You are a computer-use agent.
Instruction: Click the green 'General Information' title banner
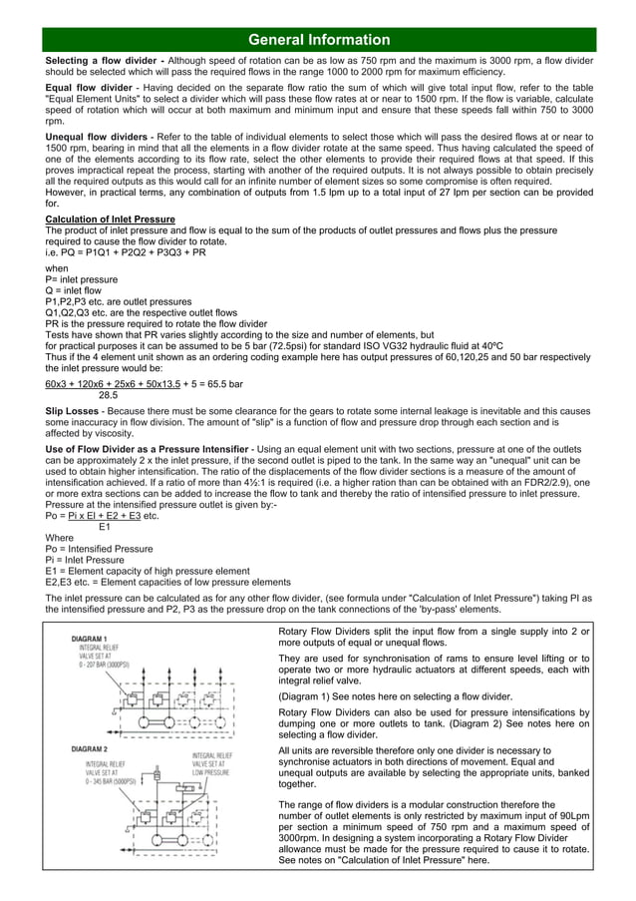point(318,40)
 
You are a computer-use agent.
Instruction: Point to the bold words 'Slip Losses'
point(77,410)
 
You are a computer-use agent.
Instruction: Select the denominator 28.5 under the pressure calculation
point(98,394)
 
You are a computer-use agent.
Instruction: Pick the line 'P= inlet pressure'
point(82,279)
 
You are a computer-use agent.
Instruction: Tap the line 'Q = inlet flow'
point(75,290)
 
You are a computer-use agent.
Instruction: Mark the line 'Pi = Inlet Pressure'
point(88,559)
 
